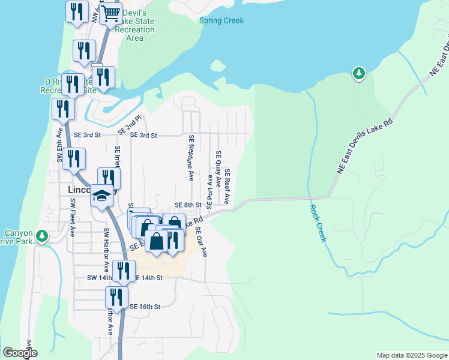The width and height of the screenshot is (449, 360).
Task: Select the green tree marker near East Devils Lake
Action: [358, 73]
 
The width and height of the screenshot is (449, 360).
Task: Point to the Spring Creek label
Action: [221, 20]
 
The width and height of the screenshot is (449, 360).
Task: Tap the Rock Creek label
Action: [318, 223]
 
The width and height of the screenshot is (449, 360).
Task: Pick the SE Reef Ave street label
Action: [228, 187]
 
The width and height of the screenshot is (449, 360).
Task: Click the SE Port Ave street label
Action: [209, 190]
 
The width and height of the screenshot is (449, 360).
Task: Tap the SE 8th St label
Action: [187, 205]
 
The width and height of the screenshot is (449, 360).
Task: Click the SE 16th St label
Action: [145, 307]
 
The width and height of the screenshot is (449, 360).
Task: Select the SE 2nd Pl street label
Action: [128, 125]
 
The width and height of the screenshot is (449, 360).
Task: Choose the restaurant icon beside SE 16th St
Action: [116, 296]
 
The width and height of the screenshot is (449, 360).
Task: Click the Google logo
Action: [20, 353]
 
